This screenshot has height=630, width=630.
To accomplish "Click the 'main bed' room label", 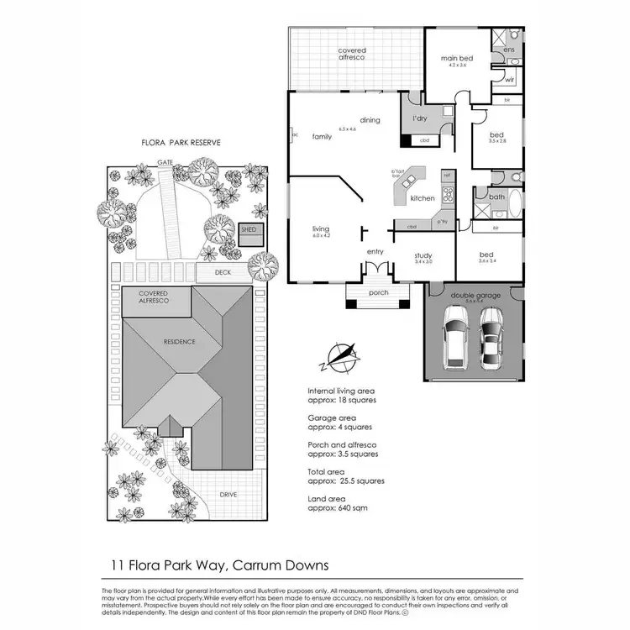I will coord(457,58).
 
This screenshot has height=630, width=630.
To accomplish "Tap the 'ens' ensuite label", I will coord(509,50).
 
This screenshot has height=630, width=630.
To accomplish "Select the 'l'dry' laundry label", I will coord(421,119).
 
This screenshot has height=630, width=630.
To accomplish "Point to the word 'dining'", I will coord(370,120).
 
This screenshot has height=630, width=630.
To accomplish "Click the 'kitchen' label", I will coord(422,198).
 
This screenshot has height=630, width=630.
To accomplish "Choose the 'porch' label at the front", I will coord(378,293).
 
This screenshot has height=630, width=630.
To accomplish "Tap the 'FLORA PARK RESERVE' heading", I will coord(180,144).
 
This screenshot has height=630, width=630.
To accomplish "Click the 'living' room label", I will coord(320,229).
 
